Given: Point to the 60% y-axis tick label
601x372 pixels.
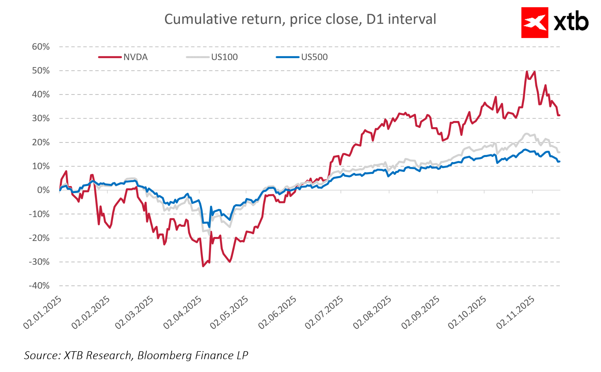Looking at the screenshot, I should (41, 47).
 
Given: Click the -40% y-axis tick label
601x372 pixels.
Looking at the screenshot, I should (39, 286).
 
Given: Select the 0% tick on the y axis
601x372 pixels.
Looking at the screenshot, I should (43, 190).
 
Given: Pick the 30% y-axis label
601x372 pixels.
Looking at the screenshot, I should (41, 118).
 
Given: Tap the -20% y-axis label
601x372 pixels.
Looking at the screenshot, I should (39, 238).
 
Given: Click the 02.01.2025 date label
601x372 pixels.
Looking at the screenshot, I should (43, 313).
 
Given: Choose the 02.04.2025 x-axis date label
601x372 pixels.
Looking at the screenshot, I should (183, 313).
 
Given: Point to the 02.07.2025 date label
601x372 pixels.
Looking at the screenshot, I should (324, 313).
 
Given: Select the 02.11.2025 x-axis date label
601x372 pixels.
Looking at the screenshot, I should (515, 313).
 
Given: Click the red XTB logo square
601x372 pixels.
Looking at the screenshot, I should (534, 23).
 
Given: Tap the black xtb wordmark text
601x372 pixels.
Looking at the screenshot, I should (571, 21).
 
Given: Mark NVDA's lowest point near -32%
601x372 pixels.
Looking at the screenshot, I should (203, 266).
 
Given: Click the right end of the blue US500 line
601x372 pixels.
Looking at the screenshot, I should (559, 161).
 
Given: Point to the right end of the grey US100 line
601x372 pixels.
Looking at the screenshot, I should (559, 152).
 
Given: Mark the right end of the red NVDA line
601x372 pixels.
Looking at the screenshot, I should (559, 115).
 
